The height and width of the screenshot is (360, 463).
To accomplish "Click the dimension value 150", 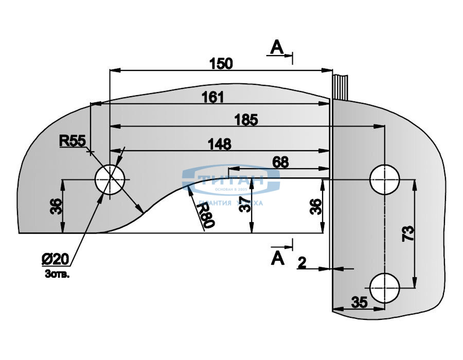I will pyautogui.click(x=221, y=63).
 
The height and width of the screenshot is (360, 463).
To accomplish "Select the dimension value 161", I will pyautogui.click(x=212, y=97).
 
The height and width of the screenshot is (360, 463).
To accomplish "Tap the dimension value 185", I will pyautogui.click(x=245, y=120).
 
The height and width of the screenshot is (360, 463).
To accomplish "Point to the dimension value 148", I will pyautogui.click(x=220, y=144).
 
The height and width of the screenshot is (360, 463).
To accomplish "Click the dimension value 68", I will pyautogui.click(x=280, y=162).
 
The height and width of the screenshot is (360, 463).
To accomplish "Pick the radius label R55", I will pyautogui.click(x=72, y=140).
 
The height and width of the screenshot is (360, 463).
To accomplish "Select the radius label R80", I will pyautogui.click(x=204, y=213).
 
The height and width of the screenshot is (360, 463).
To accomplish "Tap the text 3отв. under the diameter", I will pyautogui.click(x=57, y=274).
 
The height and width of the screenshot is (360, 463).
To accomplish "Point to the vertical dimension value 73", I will pyautogui.click(x=407, y=234).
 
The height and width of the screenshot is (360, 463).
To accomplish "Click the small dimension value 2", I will pyautogui.click(x=302, y=263).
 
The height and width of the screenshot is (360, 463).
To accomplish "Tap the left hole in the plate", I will pyautogui.click(x=110, y=180).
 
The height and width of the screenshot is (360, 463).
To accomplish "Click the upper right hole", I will pyautogui.click(x=385, y=179).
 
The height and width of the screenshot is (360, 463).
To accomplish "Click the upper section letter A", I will pyautogui.click(x=277, y=48).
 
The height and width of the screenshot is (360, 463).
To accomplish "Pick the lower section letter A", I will pyautogui.click(x=278, y=258).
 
